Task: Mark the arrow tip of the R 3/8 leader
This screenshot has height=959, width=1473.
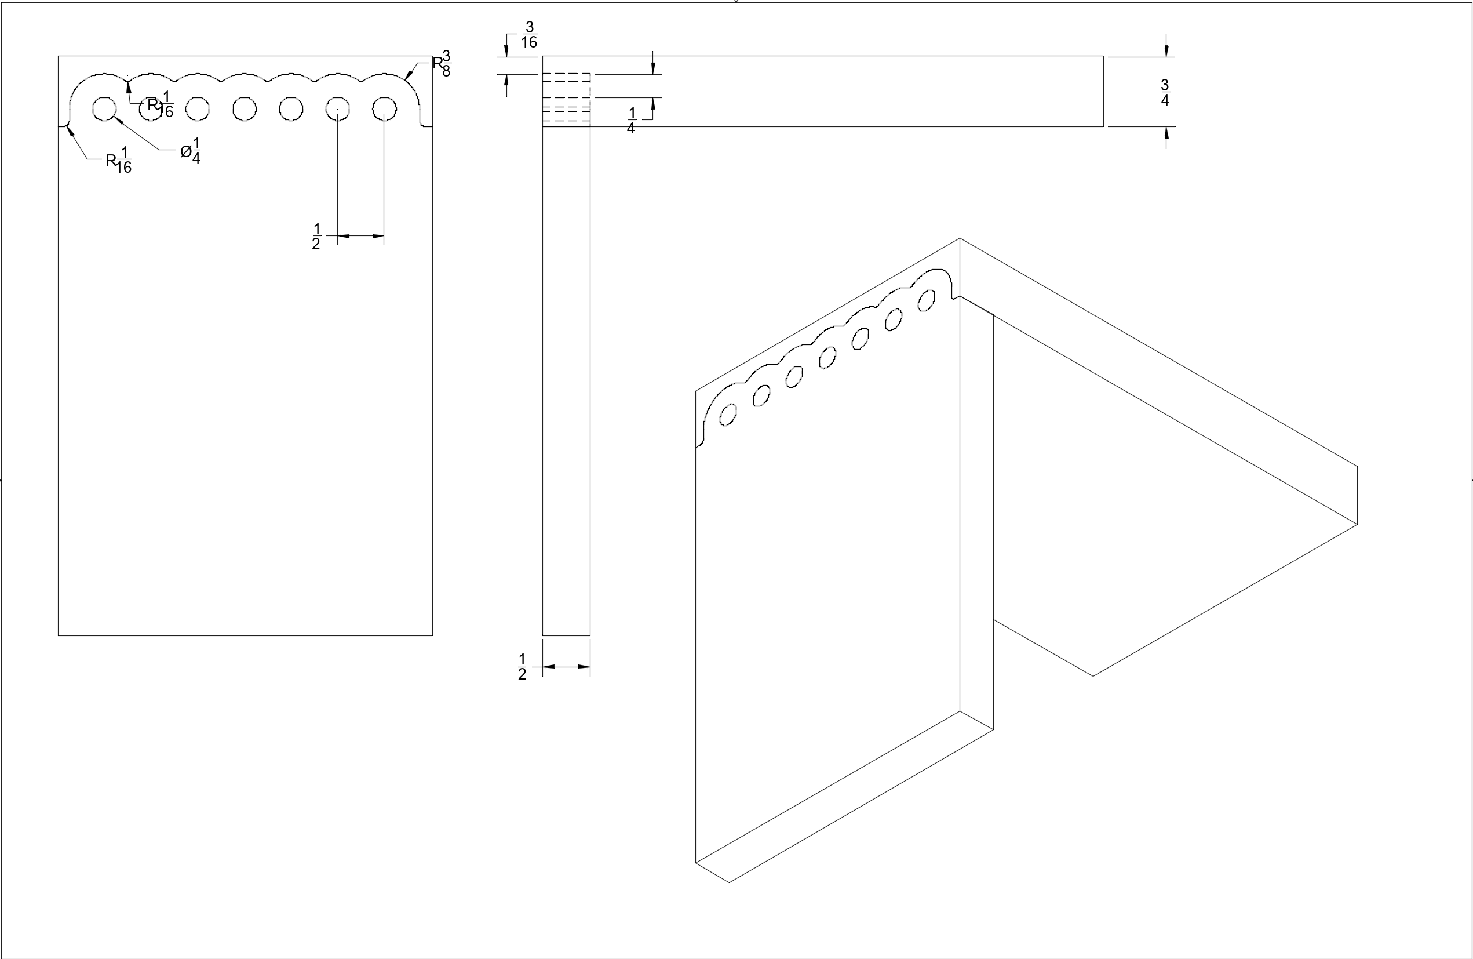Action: pyautogui.click(x=406, y=80)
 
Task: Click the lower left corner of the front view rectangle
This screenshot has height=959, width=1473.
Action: pyautogui.click(x=58, y=635)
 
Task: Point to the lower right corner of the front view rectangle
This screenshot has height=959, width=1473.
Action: pyautogui.click(x=433, y=635)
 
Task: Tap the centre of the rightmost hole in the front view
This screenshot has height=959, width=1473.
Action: pyautogui.click(x=384, y=109)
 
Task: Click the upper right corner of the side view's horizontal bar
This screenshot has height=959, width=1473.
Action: pyautogui.click(x=1103, y=56)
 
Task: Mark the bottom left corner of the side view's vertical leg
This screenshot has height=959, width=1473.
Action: pyautogui.click(x=543, y=635)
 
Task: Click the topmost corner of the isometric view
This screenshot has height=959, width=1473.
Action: pyautogui.click(x=960, y=238)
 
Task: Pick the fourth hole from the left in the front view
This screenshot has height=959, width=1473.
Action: pyautogui.click(x=245, y=109)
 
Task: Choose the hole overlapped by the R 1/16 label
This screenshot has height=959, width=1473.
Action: pyautogui.click(x=151, y=109)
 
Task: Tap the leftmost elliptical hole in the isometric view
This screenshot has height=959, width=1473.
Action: pyautogui.click(x=728, y=415)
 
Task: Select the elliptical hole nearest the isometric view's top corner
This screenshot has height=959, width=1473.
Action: pyautogui.click(x=927, y=300)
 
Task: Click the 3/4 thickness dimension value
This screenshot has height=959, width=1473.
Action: pyautogui.click(x=1165, y=92)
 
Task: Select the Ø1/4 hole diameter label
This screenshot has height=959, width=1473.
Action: pyautogui.click(x=191, y=150)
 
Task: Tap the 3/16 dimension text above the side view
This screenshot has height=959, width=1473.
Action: pyautogui.click(x=529, y=35)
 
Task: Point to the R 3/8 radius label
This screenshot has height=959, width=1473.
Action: pyautogui.click(x=442, y=64)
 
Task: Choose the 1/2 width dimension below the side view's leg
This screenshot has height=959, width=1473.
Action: pyautogui.click(x=522, y=667)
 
